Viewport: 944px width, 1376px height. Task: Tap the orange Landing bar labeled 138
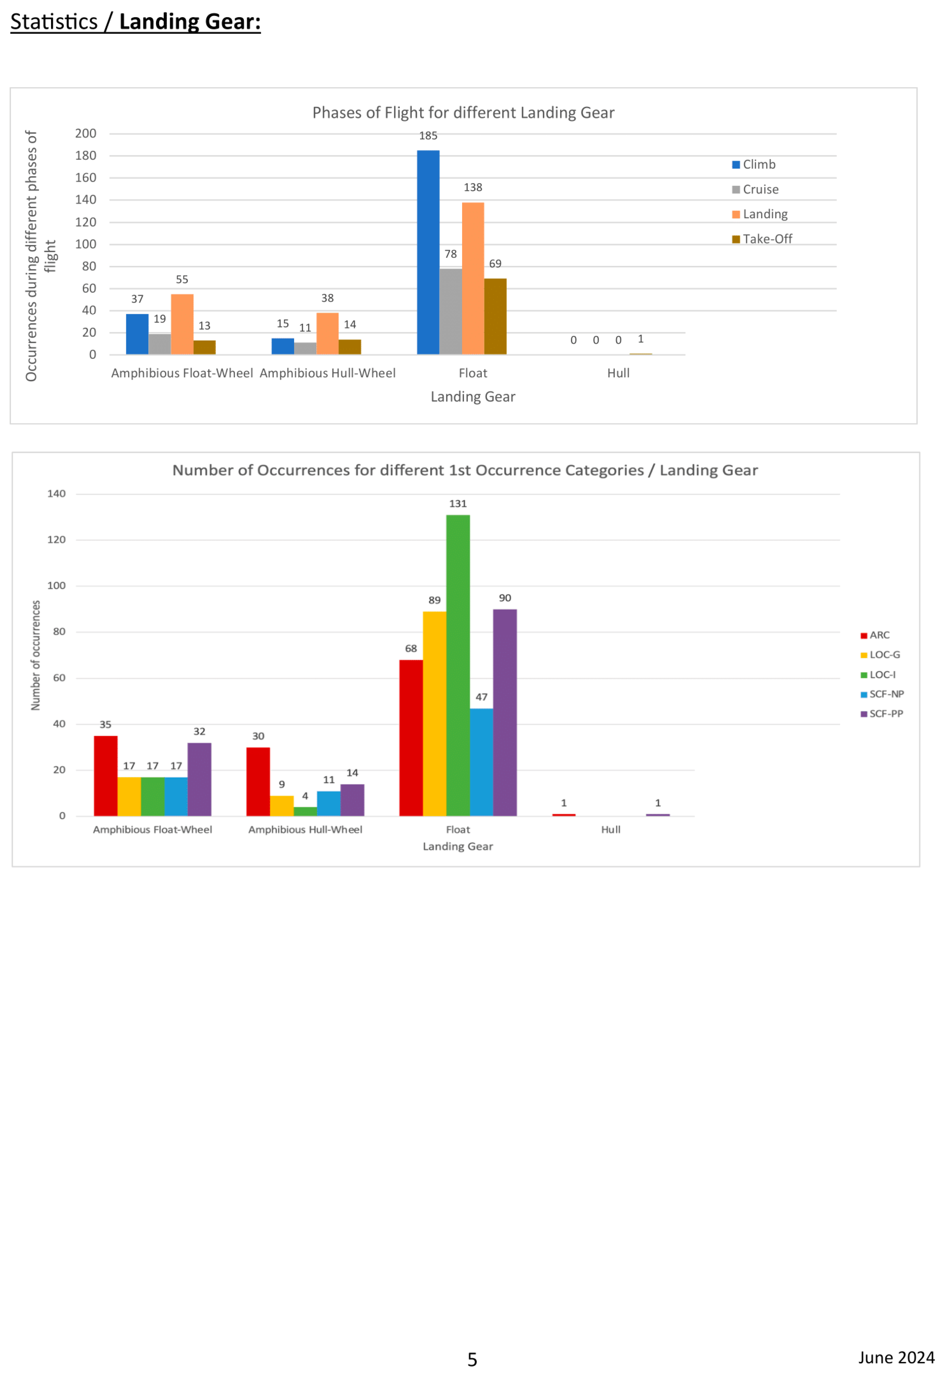[x=473, y=278]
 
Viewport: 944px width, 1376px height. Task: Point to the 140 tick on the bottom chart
[x=57, y=494]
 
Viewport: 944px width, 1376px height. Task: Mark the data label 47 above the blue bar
[x=482, y=697]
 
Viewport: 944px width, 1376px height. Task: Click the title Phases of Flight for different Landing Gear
[x=463, y=113]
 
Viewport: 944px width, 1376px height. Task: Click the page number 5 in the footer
[x=472, y=1360]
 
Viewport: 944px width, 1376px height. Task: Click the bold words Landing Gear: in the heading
[x=189, y=22]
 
